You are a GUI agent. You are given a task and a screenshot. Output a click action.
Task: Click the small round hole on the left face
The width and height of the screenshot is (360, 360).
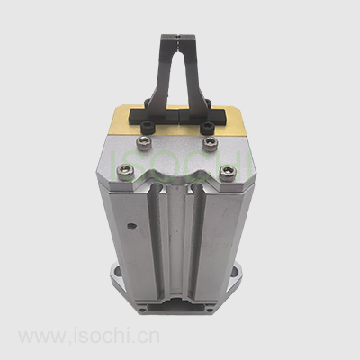tap(130, 225)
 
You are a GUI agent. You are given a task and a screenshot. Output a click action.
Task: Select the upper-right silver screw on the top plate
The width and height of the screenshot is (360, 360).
tap(209, 141)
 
